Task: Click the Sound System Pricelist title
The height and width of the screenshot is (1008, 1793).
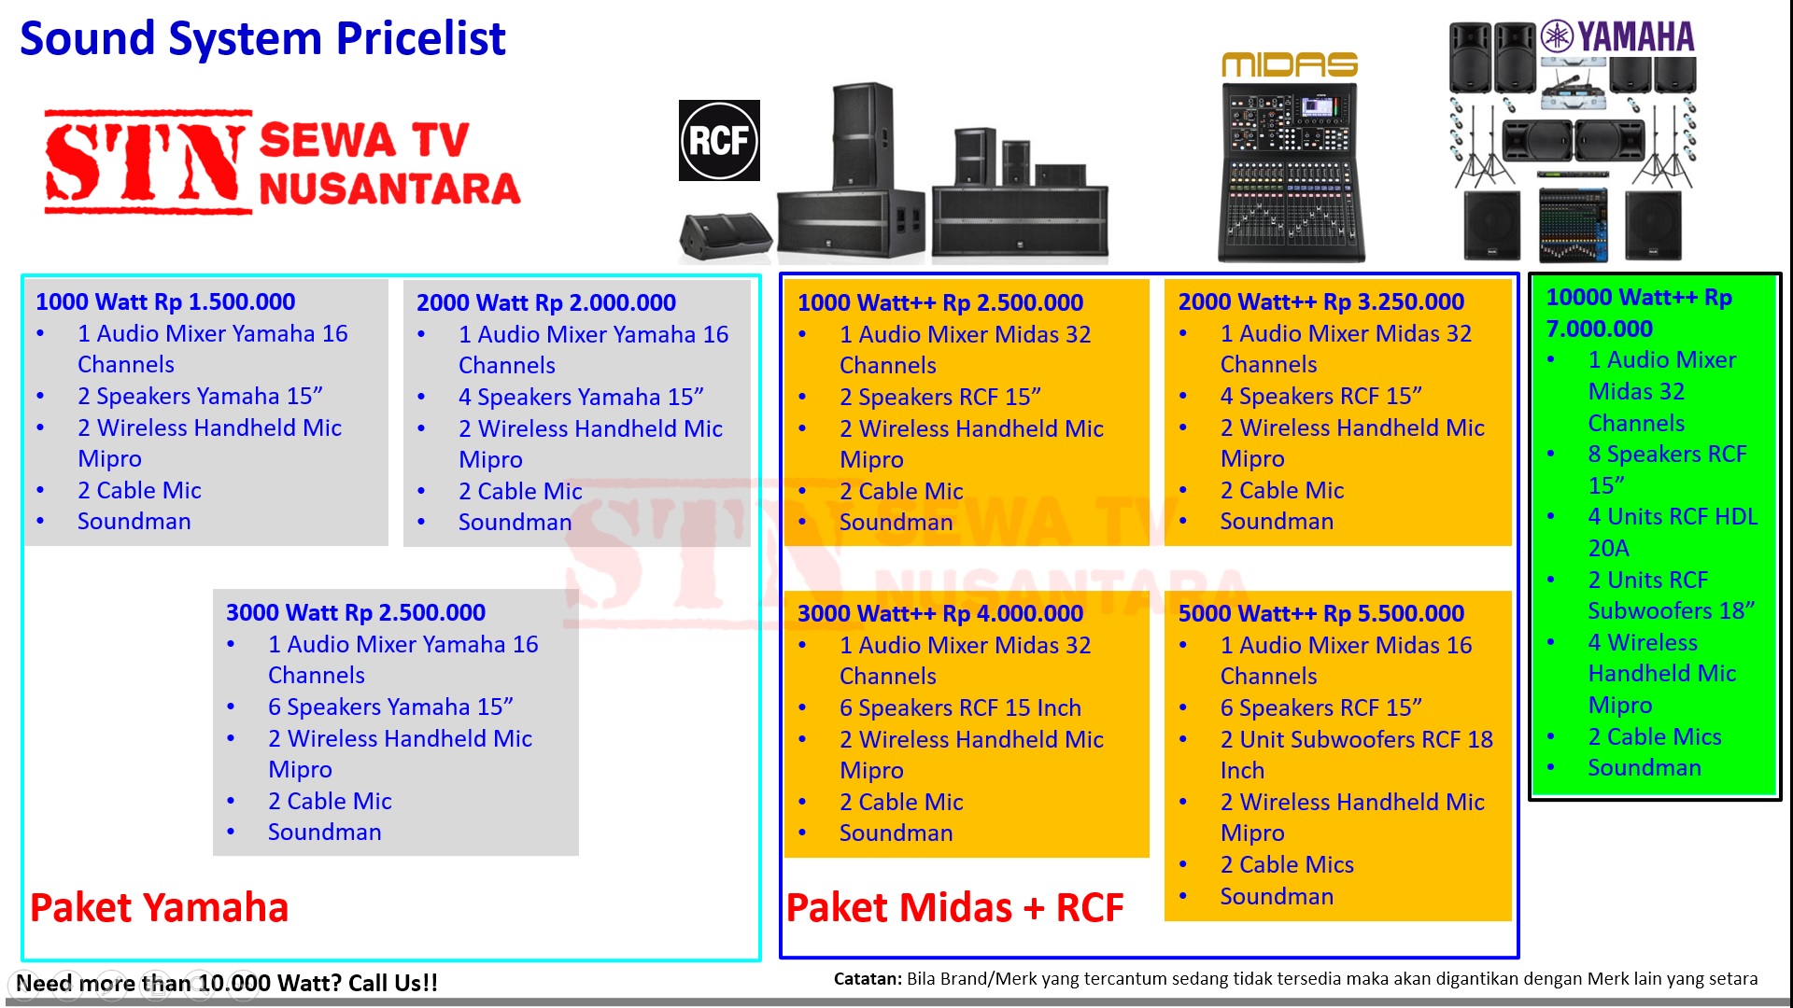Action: pyautogui.click(x=262, y=39)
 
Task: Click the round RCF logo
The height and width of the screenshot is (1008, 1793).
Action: pyautogui.click(x=719, y=140)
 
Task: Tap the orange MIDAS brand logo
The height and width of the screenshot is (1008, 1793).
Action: pyautogui.click(x=1290, y=64)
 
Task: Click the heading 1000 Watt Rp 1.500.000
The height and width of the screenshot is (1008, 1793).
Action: pyautogui.click(x=165, y=301)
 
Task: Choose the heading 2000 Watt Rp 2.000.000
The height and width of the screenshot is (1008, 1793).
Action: pyautogui.click(x=546, y=302)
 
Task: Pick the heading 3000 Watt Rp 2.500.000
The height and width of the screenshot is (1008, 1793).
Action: pyautogui.click(x=356, y=612)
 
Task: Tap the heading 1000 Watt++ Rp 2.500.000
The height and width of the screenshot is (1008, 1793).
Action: pyautogui.click(x=940, y=302)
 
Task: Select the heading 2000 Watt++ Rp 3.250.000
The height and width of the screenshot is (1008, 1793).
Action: pyautogui.click(x=1321, y=301)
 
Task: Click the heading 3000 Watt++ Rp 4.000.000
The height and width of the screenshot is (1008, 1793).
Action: pyautogui.click(x=940, y=613)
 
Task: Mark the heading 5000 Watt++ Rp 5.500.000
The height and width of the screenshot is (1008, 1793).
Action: pyautogui.click(x=1321, y=613)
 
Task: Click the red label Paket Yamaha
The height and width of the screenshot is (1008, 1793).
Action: pyautogui.click(x=159, y=907)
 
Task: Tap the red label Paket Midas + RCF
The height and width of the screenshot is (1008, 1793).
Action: pyautogui.click(x=954, y=907)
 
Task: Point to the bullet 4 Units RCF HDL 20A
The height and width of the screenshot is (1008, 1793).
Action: pyautogui.click(x=1673, y=532)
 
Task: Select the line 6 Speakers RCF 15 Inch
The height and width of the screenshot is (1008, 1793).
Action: pyautogui.click(x=960, y=707)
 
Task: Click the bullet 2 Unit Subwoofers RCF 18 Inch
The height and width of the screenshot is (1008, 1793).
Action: pyautogui.click(x=1356, y=754)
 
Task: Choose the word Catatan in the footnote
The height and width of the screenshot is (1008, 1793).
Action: pyautogui.click(x=868, y=979)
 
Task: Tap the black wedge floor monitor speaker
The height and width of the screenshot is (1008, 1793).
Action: pyautogui.click(x=726, y=236)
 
